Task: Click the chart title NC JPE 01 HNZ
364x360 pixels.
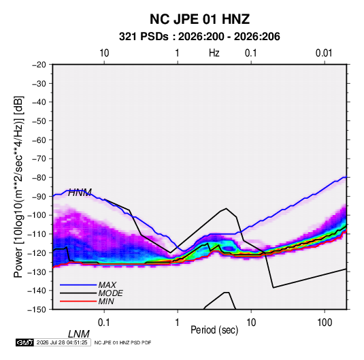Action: pos(199,19)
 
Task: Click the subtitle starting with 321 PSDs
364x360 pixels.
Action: pos(199,37)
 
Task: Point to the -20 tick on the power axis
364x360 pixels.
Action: pos(39,65)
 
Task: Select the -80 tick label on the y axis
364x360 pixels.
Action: pos(39,178)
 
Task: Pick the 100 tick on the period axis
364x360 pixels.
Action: pos(325,323)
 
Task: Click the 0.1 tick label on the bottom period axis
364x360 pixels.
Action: pos(104,323)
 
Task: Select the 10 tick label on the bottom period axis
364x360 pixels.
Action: pos(251,323)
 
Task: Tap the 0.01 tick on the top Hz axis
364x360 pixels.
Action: pos(324,53)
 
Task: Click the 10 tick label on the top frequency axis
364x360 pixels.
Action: pos(104,53)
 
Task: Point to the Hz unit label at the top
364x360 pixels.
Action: pos(214,53)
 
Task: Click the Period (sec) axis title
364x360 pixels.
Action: pos(214,330)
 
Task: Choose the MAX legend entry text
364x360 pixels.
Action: pos(107,285)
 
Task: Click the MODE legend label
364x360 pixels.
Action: pos(110,293)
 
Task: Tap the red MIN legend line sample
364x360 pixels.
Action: pos(78,301)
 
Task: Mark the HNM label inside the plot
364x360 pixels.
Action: pos(80,193)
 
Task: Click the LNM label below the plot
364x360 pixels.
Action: pos(79,334)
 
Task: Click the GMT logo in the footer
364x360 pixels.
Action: pos(24,342)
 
